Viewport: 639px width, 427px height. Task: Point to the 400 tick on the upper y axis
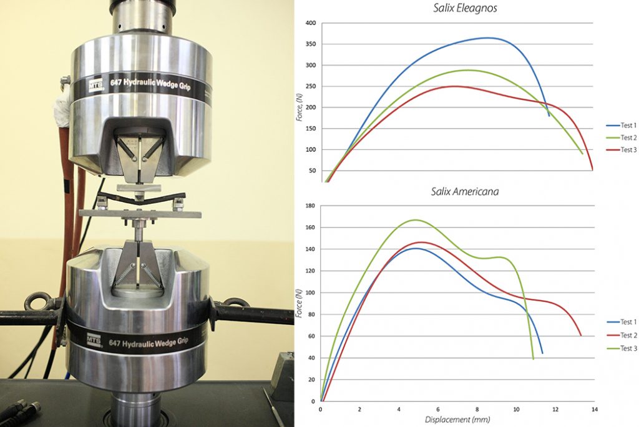point(310,23)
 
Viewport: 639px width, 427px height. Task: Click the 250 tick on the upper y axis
point(310,86)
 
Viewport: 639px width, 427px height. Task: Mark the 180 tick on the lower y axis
point(310,206)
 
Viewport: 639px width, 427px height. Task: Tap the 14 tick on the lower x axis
point(595,409)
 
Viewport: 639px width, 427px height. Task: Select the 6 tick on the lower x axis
point(438,409)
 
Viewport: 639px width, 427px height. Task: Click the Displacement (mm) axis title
point(457,420)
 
